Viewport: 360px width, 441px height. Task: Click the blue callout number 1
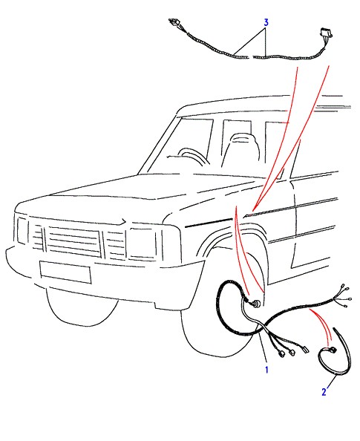point(266,370)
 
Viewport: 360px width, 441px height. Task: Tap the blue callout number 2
point(324,392)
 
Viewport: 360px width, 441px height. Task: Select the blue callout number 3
point(266,22)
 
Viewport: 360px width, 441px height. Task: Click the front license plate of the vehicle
point(65,272)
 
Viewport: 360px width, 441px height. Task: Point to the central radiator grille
point(73,241)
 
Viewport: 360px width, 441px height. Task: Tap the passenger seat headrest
point(241,140)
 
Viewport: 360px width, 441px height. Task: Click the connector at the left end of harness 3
point(175,22)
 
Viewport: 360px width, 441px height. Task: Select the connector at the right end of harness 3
point(326,33)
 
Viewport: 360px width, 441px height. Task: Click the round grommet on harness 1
point(257,304)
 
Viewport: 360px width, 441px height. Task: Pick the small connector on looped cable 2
point(333,350)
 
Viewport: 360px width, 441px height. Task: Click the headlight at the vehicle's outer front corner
point(23,231)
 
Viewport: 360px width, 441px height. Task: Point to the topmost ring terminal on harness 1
point(345,289)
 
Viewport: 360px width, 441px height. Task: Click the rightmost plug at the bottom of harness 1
point(305,349)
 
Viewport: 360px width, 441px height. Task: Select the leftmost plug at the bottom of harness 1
point(281,354)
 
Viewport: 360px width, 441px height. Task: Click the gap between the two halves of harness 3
point(251,58)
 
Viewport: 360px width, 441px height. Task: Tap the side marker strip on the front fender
point(209,223)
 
